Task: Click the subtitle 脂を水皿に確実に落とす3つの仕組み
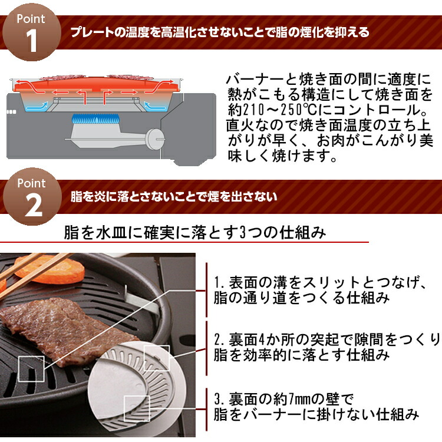click(x=194, y=233)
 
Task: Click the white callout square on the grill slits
click(x=31, y=369)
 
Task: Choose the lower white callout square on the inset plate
click(x=136, y=406)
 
